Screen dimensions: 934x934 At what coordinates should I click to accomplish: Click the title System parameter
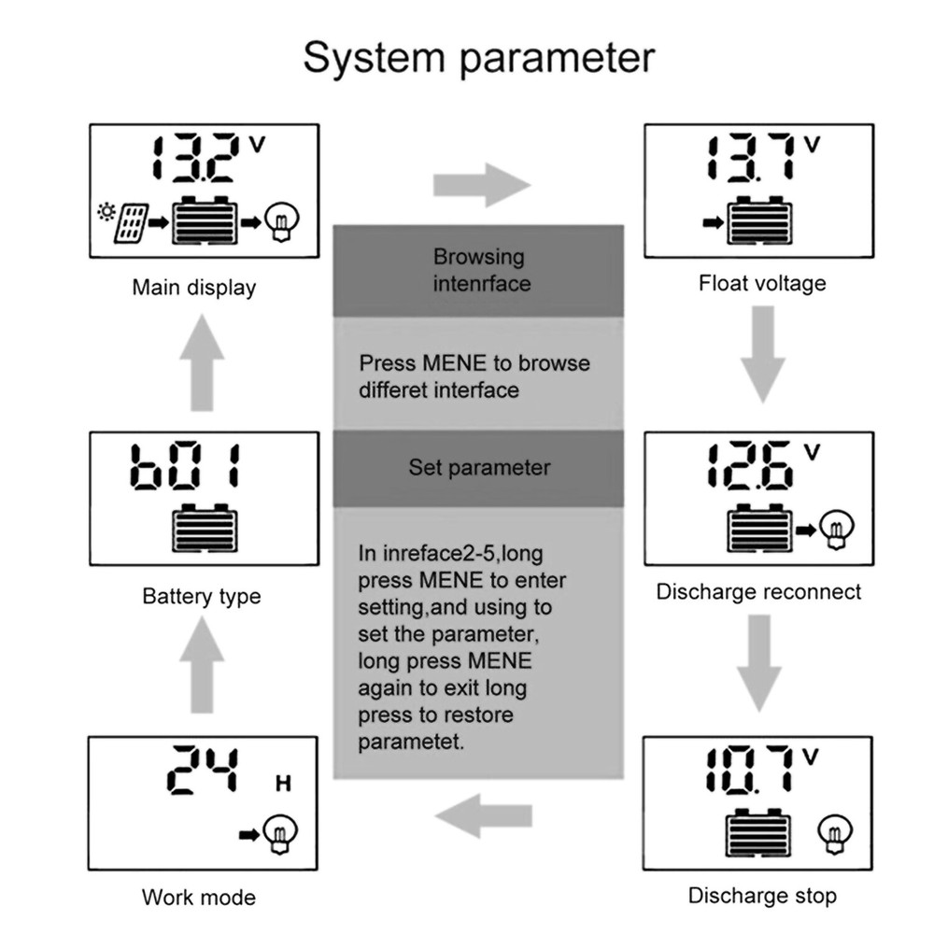tap(479, 57)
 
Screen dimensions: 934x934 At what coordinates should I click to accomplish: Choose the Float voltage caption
tap(762, 283)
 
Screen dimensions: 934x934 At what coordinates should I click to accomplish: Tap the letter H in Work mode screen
tap(283, 784)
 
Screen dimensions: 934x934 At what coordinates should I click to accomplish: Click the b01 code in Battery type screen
tap(186, 466)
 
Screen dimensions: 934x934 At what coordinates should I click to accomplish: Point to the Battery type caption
tap(201, 596)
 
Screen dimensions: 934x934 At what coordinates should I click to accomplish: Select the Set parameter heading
tap(479, 467)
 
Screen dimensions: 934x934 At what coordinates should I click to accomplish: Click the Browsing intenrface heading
tap(479, 270)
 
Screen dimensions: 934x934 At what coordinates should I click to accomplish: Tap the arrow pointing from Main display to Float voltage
tap(481, 184)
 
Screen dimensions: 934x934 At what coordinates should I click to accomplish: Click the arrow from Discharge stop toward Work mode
tap(482, 815)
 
